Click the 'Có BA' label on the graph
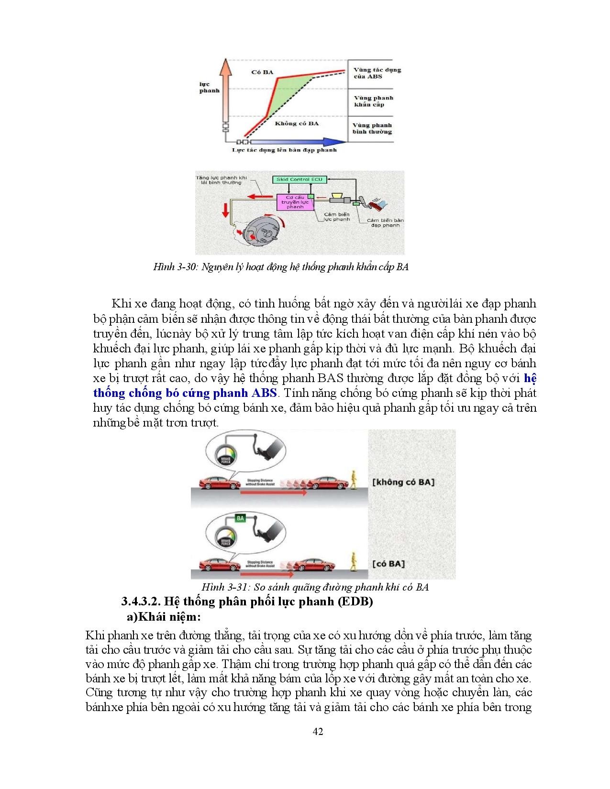coord(262,72)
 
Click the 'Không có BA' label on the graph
coord(297,123)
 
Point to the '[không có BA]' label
coord(403,482)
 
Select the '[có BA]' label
coord(388,564)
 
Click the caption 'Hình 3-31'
coord(223,587)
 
